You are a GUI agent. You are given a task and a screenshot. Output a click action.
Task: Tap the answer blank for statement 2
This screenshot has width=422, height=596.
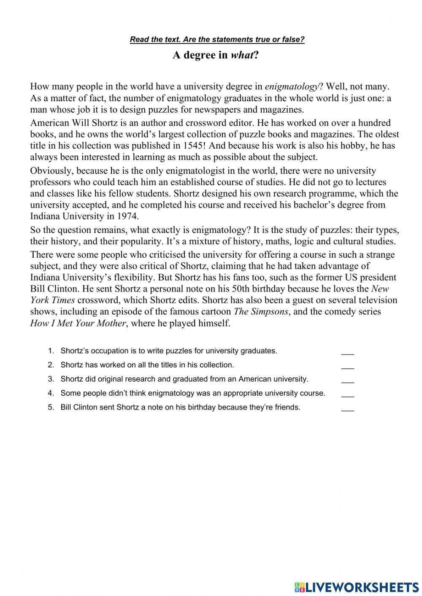click(347, 367)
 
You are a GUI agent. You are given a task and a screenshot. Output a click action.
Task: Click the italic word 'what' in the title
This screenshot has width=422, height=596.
click(242, 55)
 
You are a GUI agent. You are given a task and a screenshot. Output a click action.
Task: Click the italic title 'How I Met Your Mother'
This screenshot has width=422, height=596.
click(78, 323)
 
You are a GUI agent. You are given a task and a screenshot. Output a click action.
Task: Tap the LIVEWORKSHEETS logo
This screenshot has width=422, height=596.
click(357, 587)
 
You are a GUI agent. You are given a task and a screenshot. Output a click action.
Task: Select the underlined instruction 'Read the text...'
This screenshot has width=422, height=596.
click(217, 40)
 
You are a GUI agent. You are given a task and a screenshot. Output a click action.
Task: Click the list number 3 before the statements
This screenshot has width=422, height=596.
click(51, 379)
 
